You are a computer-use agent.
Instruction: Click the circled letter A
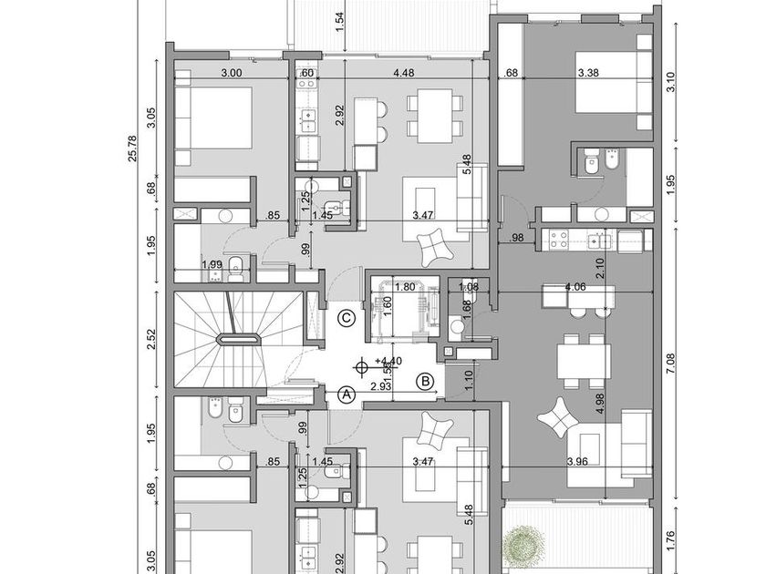[x=346, y=395]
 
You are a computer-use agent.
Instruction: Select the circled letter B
[x=424, y=381]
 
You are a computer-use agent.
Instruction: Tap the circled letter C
[x=346, y=318]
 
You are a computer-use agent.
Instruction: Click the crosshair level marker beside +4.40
[x=363, y=367]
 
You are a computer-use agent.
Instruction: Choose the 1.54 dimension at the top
[x=339, y=22]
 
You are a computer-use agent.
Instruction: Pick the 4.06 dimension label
[x=576, y=287]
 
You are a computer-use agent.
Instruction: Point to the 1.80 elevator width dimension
[x=406, y=287]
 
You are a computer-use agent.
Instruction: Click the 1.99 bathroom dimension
[x=212, y=264]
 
